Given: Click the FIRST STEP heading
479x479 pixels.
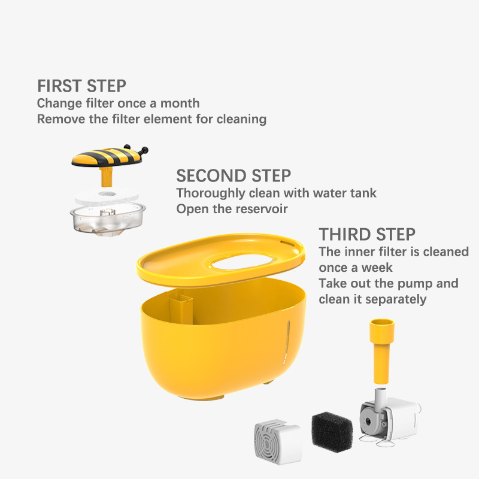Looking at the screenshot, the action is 81,86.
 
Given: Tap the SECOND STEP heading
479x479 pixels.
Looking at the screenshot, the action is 234,175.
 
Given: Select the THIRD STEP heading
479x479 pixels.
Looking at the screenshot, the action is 367,234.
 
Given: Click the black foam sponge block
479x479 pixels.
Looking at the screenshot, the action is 332,432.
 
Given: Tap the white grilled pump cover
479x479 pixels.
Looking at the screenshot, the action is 277,441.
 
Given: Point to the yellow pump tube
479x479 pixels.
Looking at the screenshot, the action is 381,351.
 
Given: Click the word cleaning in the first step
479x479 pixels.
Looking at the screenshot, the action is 241,119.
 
